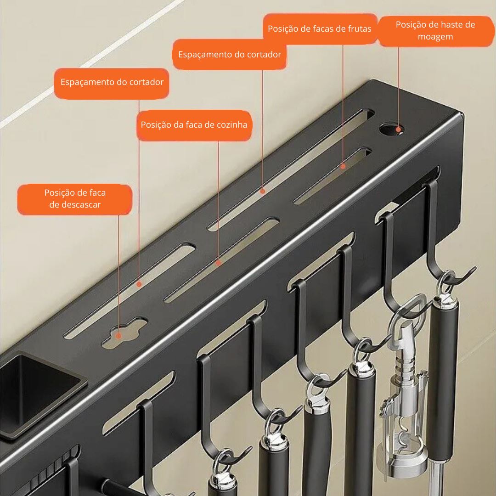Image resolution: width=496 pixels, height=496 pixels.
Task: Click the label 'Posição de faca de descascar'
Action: [74, 198]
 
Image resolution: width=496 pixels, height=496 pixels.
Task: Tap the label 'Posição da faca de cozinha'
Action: [194, 125]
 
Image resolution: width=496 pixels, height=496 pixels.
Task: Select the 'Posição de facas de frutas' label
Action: [320, 29]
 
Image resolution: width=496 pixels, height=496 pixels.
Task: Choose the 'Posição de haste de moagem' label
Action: [435, 30]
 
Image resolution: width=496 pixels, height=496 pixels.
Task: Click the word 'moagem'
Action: [435, 36]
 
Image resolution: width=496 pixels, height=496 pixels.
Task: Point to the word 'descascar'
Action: [75, 204]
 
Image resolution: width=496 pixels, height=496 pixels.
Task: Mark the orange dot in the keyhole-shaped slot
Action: [118, 336]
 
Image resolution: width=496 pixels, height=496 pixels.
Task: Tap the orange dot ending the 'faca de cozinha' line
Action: [219, 263]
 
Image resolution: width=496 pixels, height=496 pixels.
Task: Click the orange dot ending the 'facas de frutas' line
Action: [343, 167]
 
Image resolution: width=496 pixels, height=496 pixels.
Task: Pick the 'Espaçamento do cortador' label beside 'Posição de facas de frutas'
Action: [229, 55]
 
